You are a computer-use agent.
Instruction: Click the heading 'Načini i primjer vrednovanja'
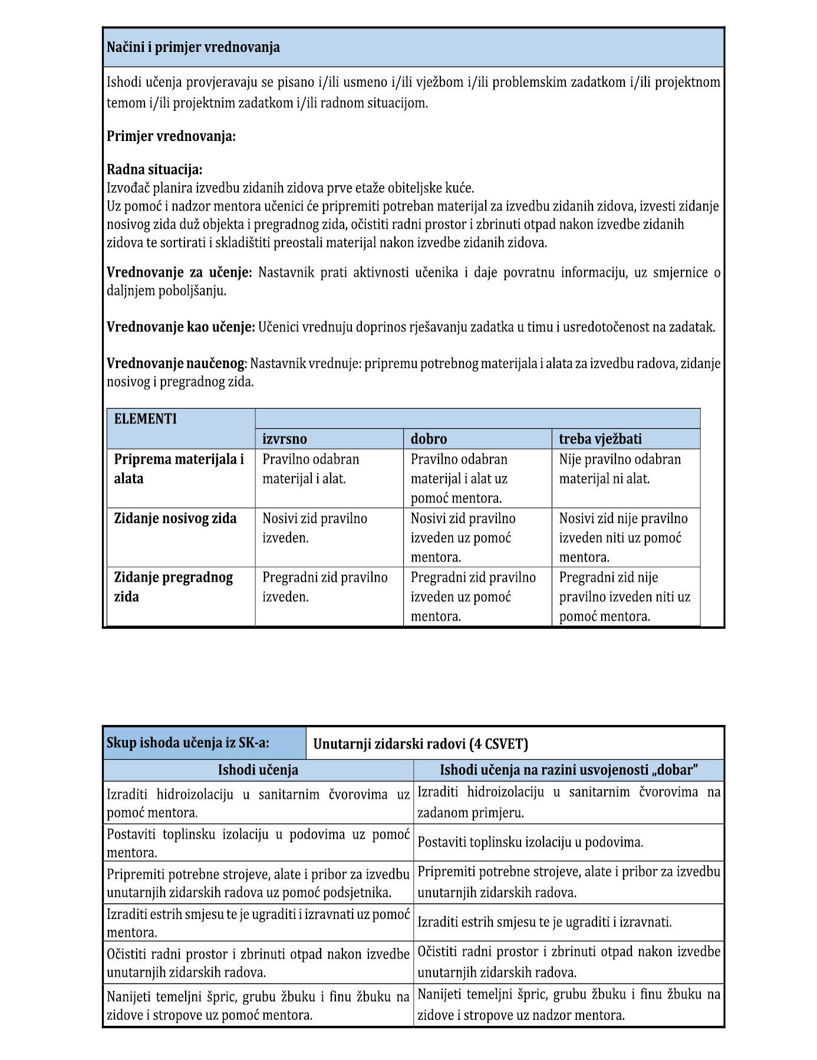[x=193, y=48]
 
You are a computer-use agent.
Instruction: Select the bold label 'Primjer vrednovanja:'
[x=171, y=137]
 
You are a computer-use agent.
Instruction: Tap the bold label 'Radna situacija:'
[x=154, y=170]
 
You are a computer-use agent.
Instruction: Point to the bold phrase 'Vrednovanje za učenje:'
[x=179, y=273]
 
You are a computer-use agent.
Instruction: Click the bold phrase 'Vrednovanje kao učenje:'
[x=181, y=327]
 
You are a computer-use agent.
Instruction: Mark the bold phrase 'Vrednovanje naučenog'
[x=176, y=364]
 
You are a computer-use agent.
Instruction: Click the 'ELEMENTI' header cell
[x=146, y=419]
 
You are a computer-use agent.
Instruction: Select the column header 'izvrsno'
[x=285, y=439]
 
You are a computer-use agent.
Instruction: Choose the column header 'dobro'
[x=429, y=439]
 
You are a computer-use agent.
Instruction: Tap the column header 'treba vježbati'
[x=600, y=439]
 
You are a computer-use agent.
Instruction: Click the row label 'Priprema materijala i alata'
[x=179, y=469]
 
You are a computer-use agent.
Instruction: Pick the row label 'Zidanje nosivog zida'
[x=175, y=518]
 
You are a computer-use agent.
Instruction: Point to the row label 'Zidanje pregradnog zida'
[x=173, y=587]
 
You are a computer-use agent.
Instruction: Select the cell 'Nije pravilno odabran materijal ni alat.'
[x=620, y=469]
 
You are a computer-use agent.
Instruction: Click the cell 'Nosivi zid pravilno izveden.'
[x=315, y=528]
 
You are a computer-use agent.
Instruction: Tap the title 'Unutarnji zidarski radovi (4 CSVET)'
[x=420, y=744]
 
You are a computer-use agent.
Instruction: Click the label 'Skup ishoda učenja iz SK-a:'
[x=188, y=743]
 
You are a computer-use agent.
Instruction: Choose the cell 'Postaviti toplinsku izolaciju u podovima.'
[x=530, y=842]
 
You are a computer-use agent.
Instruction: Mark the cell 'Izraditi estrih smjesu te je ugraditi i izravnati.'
[x=544, y=922]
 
